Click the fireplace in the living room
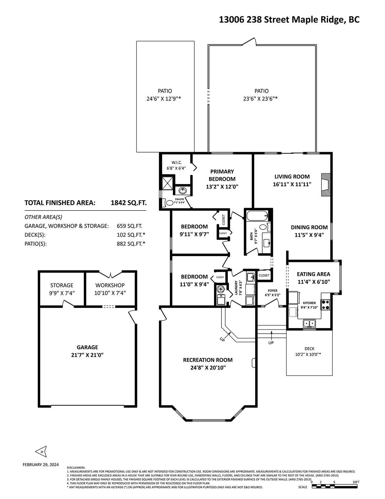pos(326,185)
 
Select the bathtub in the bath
pos(257,216)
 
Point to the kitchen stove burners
pos(326,305)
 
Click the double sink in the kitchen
pos(309,323)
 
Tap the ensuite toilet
pos(168,203)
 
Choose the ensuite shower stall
pos(168,183)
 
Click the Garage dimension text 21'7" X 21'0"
pos(87,355)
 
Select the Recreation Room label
pos(208,360)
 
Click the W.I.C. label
pos(177,162)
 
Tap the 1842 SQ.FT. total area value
pos(129,203)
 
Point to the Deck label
pos(309,349)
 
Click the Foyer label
pos(273,290)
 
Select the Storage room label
pos(62,285)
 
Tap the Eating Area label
pos(313,274)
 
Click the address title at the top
pos(289,20)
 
